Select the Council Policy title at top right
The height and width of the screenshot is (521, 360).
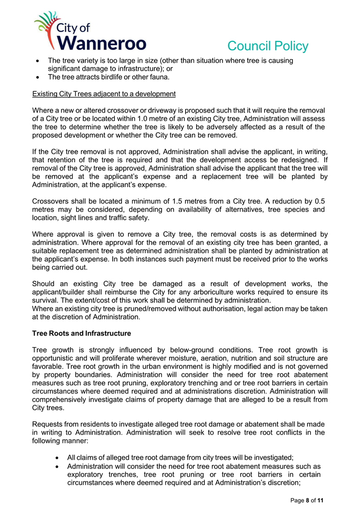pos(268,46)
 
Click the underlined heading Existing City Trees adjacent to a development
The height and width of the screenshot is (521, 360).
pos(104,94)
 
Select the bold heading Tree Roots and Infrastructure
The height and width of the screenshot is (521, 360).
pos(81,333)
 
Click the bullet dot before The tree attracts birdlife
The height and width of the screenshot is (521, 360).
pos(37,77)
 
